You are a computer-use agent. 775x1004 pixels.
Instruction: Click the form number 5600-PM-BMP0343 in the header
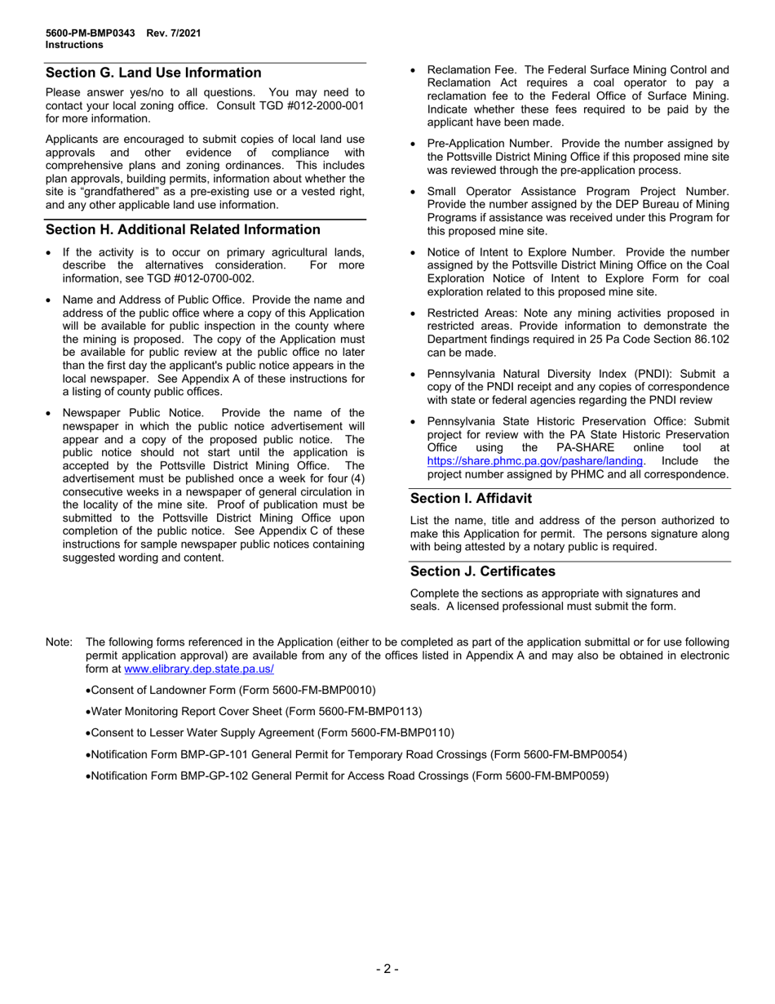(92, 33)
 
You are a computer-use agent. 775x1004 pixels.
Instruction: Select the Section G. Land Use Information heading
(153, 73)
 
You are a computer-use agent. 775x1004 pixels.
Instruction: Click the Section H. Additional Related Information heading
(183, 229)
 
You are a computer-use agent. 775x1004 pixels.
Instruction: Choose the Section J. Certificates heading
(482, 571)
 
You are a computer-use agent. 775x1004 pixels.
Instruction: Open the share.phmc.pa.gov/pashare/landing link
(534, 461)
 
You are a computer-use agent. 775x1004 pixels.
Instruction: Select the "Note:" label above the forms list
(60, 642)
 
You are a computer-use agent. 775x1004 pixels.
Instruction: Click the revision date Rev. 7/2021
(174, 33)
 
